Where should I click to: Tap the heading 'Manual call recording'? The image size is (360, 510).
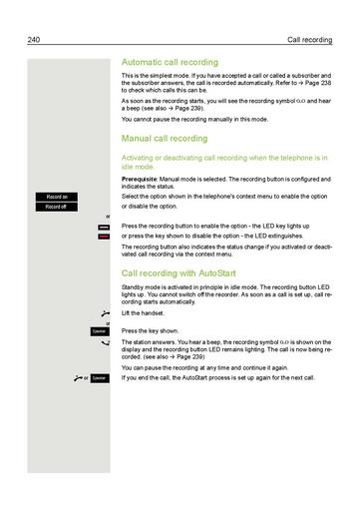tap(164, 139)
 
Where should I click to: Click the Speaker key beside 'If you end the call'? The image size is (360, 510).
tap(98, 378)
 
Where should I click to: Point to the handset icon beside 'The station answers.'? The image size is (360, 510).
tap(105, 342)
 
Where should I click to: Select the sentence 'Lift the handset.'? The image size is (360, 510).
tap(139, 314)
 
